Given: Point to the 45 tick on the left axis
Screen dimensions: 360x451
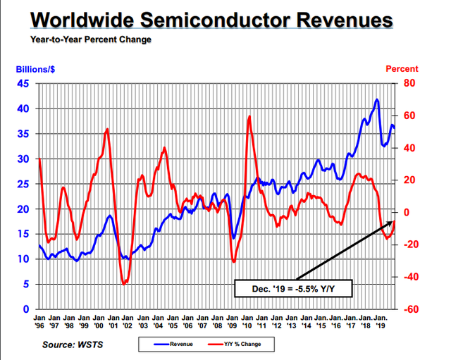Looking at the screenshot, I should point(24,84).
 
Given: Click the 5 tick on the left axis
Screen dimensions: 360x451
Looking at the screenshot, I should point(27,285).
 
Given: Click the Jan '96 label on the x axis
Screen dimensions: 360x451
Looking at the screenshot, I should point(39,322).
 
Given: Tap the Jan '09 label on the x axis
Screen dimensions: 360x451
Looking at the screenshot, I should point(232,322).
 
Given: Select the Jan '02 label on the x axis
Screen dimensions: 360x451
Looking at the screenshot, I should point(128,322).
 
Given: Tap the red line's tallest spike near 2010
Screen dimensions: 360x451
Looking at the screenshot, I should point(249,116).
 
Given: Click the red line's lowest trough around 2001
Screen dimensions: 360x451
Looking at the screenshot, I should point(124,284).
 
